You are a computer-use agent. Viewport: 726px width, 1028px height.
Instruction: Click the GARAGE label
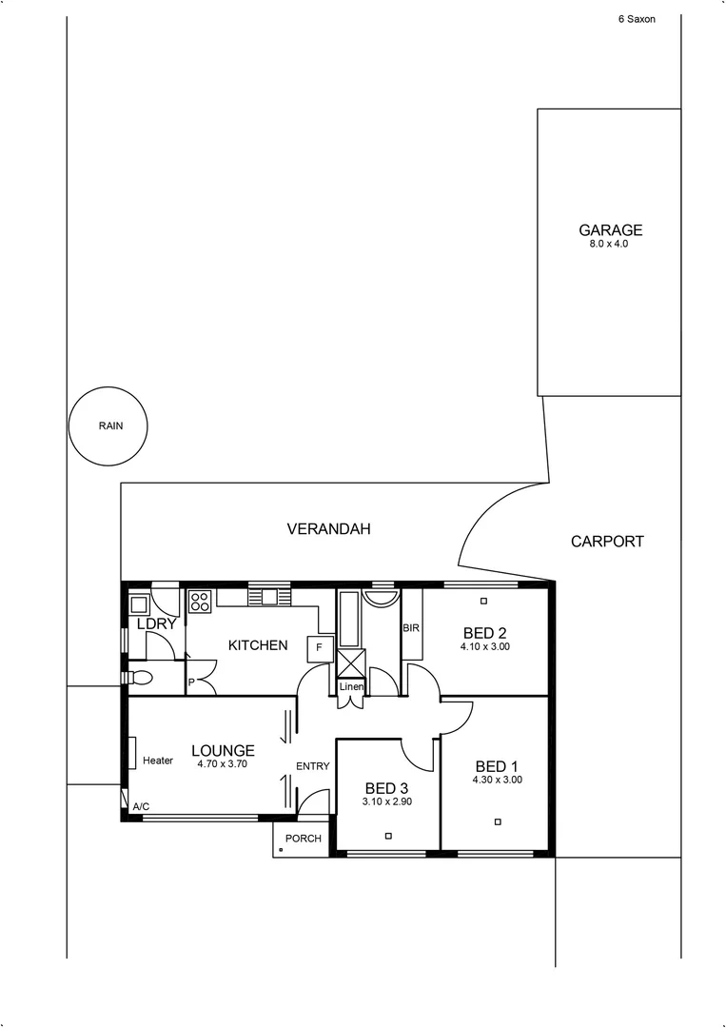tap(610, 229)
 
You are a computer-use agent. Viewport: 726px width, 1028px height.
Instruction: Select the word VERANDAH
tap(328, 528)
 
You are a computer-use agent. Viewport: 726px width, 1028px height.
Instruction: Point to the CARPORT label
tap(607, 541)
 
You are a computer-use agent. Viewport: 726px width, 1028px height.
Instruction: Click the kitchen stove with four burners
tap(201, 601)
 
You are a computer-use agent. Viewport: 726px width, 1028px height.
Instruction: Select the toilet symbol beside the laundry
tap(139, 678)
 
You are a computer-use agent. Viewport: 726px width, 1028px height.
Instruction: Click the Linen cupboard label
tap(351, 686)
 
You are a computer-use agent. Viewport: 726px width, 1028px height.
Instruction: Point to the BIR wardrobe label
tap(411, 628)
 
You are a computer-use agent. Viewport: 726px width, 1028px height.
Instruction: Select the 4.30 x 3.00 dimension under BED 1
tap(497, 781)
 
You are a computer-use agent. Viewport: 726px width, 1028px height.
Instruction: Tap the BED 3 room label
tap(387, 788)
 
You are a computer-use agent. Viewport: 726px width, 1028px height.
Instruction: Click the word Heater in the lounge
tap(158, 761)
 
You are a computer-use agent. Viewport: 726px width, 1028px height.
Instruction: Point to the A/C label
tap(141, 807)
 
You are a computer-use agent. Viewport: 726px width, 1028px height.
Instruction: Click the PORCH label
tap(304, 839)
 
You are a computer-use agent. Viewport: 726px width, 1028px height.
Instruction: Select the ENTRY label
tap(312, 766)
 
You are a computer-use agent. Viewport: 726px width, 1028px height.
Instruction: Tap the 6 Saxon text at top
tap(637, 18)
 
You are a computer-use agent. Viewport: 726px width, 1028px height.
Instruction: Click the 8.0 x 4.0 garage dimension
tap(609, 245)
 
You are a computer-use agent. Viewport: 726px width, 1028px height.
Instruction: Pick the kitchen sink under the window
tap(269, 598)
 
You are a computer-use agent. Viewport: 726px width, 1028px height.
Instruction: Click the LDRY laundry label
tap(156, 624)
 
